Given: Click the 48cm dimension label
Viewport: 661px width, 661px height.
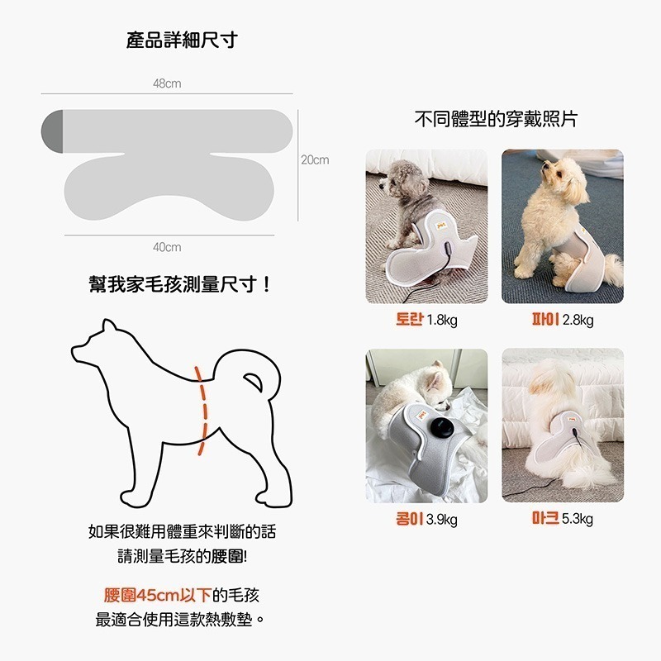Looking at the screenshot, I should (x=167, y=84).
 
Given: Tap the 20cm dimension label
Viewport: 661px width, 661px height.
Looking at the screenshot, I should (x=314, y=159).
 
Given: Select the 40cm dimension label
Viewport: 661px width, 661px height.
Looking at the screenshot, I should (x=167, y=247).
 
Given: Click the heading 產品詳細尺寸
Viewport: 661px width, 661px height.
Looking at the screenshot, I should (x=182, y=40).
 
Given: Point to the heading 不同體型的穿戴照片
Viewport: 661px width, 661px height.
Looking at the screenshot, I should (x=495, y=119).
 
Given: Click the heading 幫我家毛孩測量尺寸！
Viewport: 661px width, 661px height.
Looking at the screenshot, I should (x=180, y=285).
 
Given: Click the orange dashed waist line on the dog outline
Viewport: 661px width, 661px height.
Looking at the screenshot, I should (x=201, y=410).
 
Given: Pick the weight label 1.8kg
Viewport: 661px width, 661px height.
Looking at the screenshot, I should (x=441, y=321).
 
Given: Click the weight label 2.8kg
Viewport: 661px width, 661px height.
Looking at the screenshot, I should (x=578, y=321).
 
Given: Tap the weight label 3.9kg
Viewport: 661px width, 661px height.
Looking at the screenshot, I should (x=441, y=520).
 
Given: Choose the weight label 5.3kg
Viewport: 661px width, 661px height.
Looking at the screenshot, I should (x=578, y=519).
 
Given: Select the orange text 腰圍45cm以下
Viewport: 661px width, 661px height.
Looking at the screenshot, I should (x=157, y=596).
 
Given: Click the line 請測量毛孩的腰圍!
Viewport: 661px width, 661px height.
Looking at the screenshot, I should (x=180, y=556).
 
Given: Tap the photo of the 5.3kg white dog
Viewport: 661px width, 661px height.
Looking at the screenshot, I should (x=562, y=426).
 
